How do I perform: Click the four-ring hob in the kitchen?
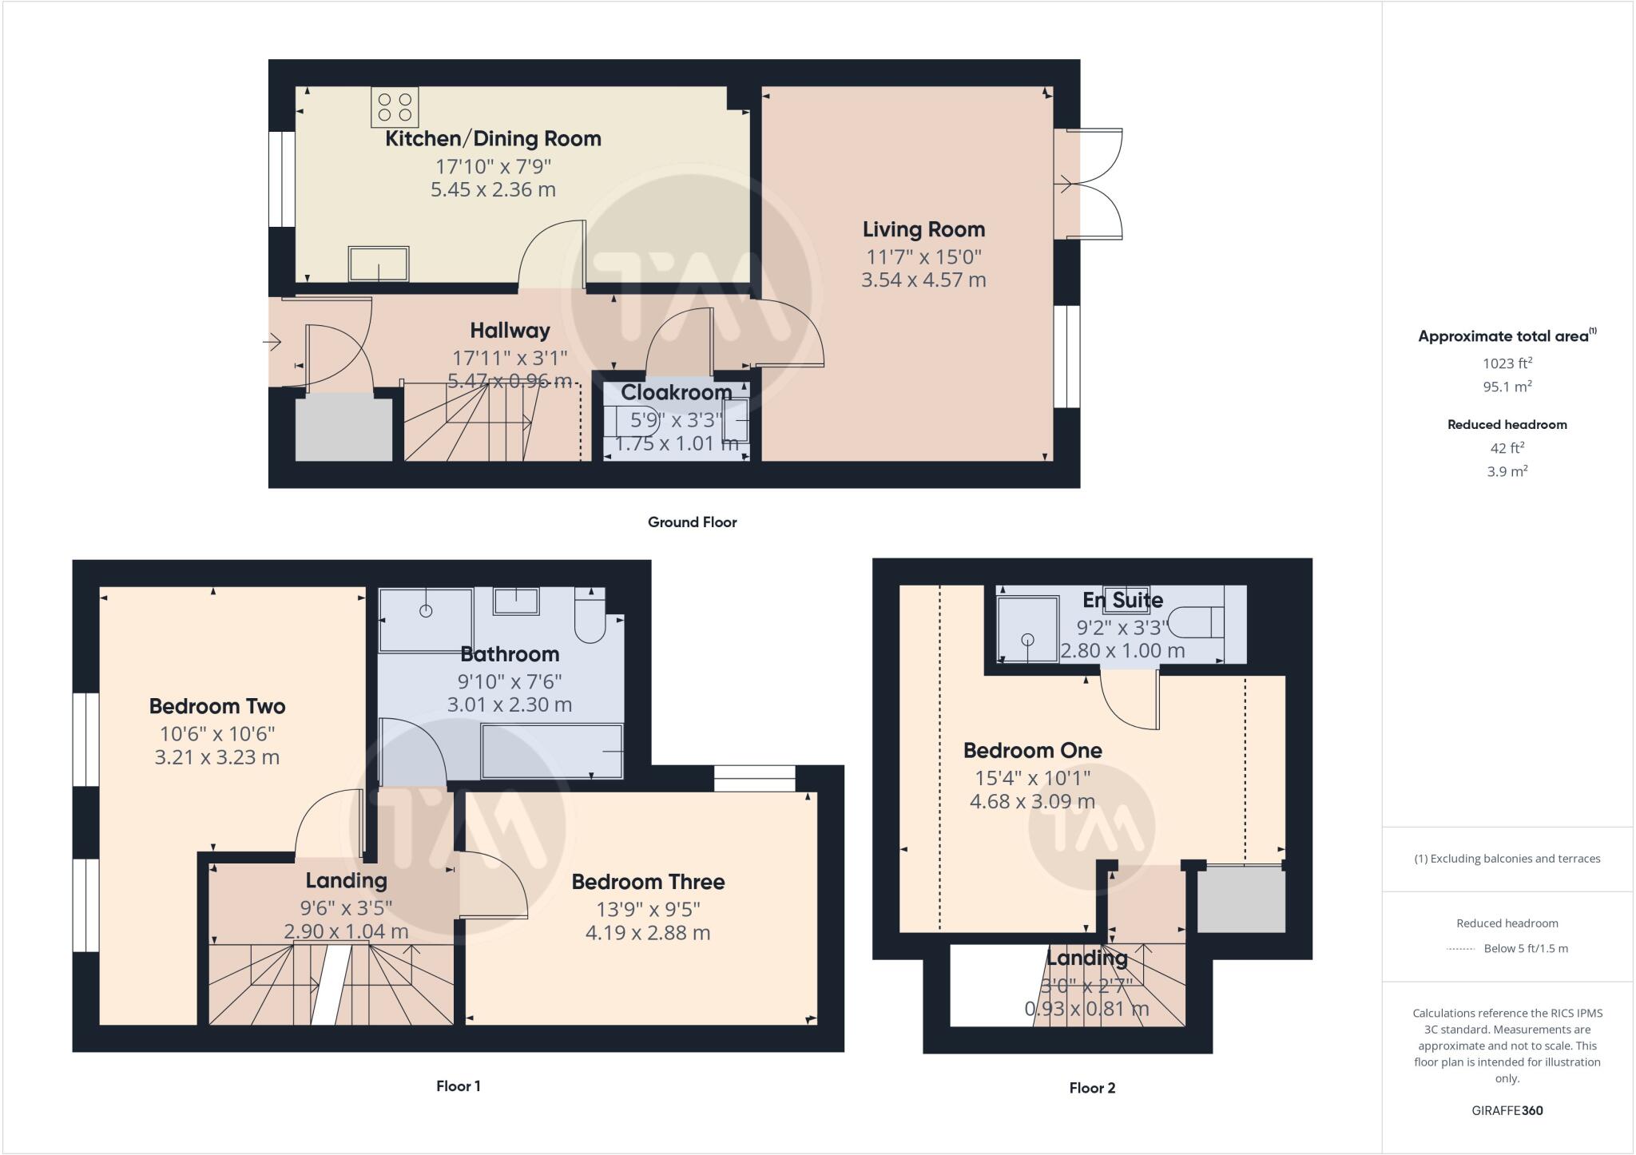pyautogui.click(x=395, y=107)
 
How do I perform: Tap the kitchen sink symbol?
pyautogui.click(x=379, y=264)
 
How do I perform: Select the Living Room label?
pyautogui.click(x=923, y=229)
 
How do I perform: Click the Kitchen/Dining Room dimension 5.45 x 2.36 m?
pyautogui.click(x=493, y=189)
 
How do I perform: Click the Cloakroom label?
pyautogui.click(x=676, y=392)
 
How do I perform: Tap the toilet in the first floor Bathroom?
pyautogui.click(x=590, y=619)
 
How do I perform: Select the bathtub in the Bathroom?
pyautogui.click(x=551, y=751)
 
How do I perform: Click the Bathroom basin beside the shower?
pyautogui.click(x=515, y=601)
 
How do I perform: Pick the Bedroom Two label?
pyautogui.click(x=216, y=706)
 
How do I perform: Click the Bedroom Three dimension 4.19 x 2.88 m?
pyautogui.click(x=647, y=932)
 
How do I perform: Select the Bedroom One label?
pyautogui.click(x=1032, y=750)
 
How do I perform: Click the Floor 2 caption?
pyautogui.click(x=1091, y=1088)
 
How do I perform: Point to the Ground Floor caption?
pyautogui.click(x=692, y=522)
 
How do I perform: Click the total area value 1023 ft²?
pyautogui.click(x=1507, y=363)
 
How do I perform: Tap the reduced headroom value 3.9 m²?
pyautogui.click(x=1507, y=471)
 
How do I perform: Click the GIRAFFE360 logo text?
pyautogui.click(x=1507, y=1110)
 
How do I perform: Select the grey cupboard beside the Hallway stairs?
pyautogui.click(x=343, y=429)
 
